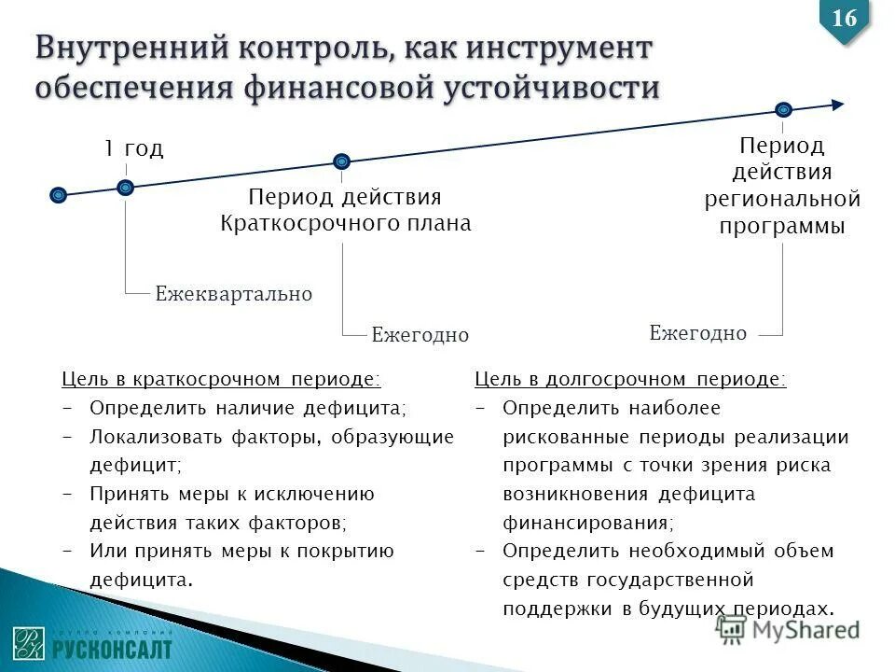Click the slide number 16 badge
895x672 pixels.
tap(844, 18)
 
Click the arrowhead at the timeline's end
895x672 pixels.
tap(837, 105)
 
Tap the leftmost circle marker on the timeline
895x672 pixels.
tap(59, 195)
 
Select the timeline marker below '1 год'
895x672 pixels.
tap(126, 188)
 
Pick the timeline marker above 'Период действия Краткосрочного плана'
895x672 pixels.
tap(342, 161)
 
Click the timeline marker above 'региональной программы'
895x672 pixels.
tap(783, 110)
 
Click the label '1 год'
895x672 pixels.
tap(132, 148)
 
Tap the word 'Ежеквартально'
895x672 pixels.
tap(233, 294)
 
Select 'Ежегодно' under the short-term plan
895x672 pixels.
tap(420, 334)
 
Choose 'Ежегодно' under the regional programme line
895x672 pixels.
tap(697, 332)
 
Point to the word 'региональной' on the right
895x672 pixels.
tap(782, 199)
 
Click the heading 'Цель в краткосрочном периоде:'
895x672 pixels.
tap(221, 379)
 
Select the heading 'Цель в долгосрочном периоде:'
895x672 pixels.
tap(630, 379)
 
